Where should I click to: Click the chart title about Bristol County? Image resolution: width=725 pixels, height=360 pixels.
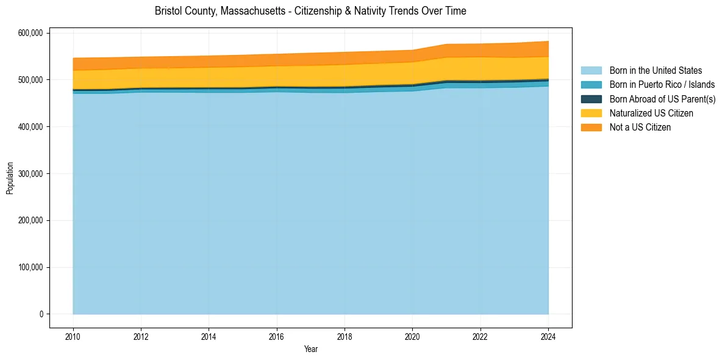pyautogui.click(x=310, y=11)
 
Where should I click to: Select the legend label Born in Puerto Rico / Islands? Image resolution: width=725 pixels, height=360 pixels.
pyautogui.click(x=662, y=85)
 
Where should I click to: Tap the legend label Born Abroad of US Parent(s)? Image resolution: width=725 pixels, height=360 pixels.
pyautogui.click(x=662, y=99)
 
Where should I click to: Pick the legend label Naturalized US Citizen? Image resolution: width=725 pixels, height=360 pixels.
pyautogui.click(x=651, y=113)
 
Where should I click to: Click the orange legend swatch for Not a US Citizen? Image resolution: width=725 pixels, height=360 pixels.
pyautogui.click(x=591, y=127)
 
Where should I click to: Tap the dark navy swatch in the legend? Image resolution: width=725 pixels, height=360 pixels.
pyautogui.click(x=591, y=99)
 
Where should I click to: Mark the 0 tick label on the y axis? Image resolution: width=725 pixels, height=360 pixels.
pyautogui.click(x=41, y=314)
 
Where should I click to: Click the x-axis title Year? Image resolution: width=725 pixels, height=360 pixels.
pyautogui.click(x=310, y=349)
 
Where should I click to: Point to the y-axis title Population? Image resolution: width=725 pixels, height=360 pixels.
pyautogui.click(x=10, y=178)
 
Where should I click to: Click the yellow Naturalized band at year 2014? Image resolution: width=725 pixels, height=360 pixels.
pyautogui.click(x=209, y=77)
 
